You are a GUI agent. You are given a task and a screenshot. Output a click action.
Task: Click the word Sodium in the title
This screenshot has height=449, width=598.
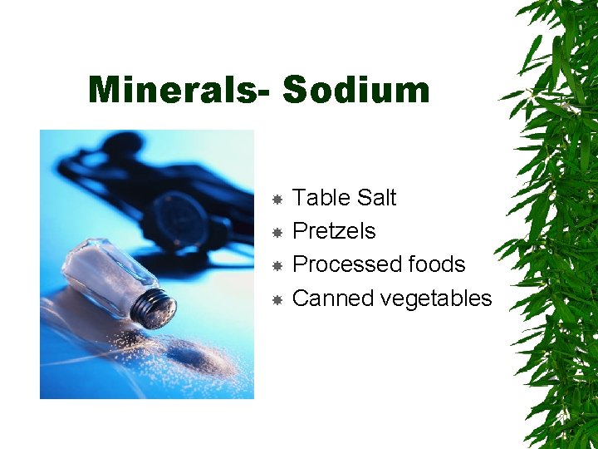pyautogui.click(x=356, y=90)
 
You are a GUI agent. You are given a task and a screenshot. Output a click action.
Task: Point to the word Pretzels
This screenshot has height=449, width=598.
pyautogui.click(x=334, y=231)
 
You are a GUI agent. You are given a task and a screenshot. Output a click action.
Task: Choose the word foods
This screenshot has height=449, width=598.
pyautogui.click(x=435, y=264)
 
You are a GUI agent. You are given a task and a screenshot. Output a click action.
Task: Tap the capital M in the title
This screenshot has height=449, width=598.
pyautogui.click(x=105, y=90)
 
